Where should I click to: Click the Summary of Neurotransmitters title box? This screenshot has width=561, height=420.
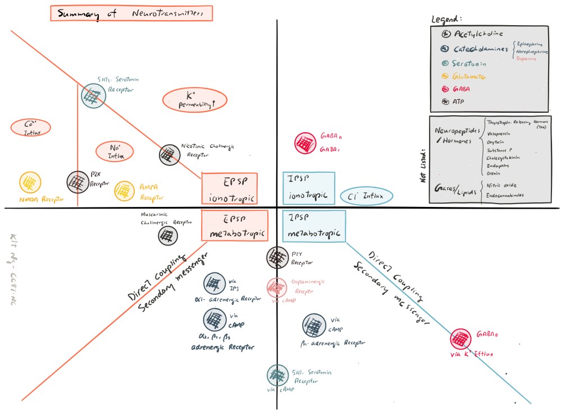click(x=131, y=13)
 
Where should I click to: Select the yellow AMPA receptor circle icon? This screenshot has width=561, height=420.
click(x=125, y=191)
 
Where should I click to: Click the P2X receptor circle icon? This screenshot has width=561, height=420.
click(x=77, y=181)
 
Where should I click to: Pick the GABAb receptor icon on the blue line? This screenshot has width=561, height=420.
click(x=461, y=339)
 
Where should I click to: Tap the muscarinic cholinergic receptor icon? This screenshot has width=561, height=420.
click(x=167, y=235)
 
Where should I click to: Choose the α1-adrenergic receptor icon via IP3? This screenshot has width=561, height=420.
click(x=214, y=283)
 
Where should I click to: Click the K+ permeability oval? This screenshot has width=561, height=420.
click(x=194, y=100)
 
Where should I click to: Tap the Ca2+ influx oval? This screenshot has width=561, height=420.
click(x=30, y=127)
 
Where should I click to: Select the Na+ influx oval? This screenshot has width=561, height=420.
click(x=115, y=151)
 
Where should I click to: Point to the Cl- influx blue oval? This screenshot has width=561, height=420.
click(x=366, y=196)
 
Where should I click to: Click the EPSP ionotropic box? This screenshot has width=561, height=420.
click(x=229, y=188)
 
